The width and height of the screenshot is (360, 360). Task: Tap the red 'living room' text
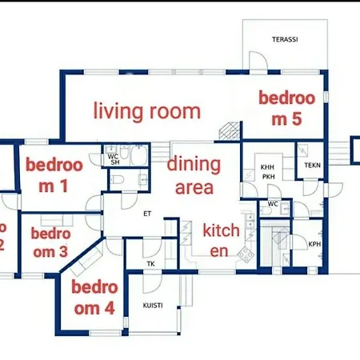(146, 110)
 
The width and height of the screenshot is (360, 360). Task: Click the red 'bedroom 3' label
(49, 243)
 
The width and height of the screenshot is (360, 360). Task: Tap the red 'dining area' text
(194, 176)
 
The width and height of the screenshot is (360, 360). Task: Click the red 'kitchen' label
(221, 240)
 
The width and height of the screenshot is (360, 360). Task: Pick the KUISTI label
(153, 305)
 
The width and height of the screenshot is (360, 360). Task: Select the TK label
(150, 263)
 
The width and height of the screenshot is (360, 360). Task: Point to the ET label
(147, 214)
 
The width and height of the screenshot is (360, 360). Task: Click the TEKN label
(311, 166)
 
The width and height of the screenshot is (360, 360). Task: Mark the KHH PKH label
(267, 171)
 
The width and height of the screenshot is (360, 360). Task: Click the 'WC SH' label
(114, 158)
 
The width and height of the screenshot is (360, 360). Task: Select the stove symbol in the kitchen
(245, 255)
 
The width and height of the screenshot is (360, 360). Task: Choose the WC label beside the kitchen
(273, 203)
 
